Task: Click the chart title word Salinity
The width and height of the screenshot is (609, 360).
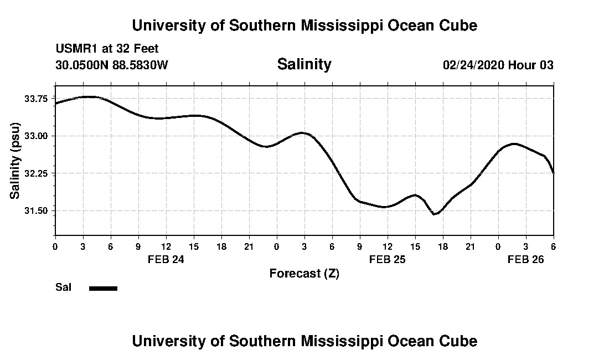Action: tap(304, 64)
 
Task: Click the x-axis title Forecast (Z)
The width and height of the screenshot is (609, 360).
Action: tap(304, 273)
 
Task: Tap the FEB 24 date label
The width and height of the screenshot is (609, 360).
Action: tap(166, 259)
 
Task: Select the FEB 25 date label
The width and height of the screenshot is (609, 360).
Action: tap(388, 259)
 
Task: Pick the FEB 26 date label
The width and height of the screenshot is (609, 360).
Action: tap(526, 259)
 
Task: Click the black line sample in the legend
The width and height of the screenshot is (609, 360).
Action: tap(103, 288)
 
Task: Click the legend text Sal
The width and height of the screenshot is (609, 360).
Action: tap(63, 287)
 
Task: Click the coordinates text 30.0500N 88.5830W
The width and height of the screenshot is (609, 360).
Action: tap(112, 65)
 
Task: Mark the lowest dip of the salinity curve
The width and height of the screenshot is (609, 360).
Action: tap(435, 214)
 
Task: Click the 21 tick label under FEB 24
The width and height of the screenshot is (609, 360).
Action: tap(249, 246)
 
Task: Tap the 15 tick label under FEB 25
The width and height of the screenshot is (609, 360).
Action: tap(415, 246)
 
